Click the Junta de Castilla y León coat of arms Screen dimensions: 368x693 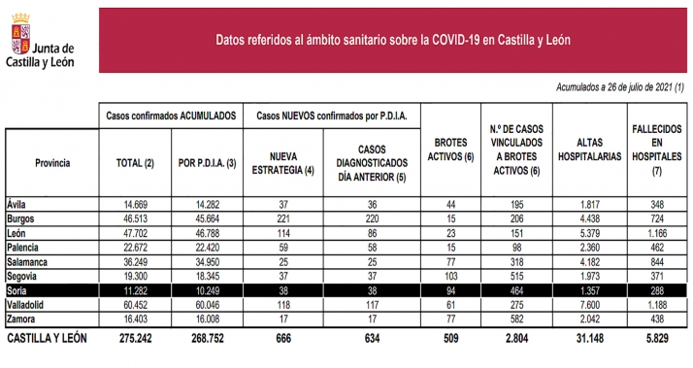tap(17, 42)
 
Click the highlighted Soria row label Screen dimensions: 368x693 tap(20, 290)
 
